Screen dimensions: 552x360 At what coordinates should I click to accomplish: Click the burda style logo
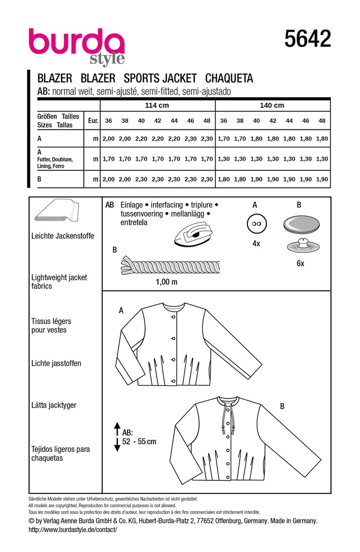coord(77,45)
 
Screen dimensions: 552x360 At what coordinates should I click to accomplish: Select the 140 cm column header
coord(272,106)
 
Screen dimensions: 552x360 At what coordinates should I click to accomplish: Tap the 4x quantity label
coord(256,243)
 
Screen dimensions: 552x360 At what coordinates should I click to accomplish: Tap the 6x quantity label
coord(300,264)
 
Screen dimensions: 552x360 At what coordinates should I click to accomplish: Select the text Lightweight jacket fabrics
coord(59,281)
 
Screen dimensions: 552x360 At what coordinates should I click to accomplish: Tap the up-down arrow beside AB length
coord(116,437)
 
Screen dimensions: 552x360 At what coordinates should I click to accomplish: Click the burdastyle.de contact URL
coord(72,530)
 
